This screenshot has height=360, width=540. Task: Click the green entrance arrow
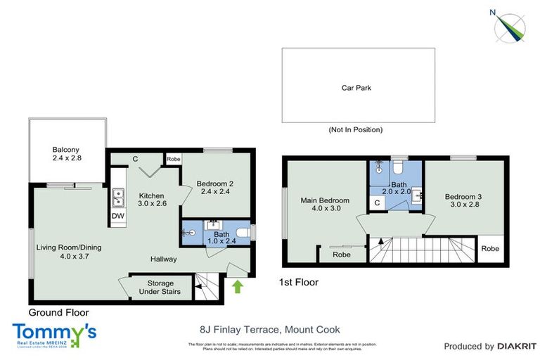tap(237, 286)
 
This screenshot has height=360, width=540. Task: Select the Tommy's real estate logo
tap(54, 333)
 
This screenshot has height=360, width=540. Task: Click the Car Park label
tap(356, 89)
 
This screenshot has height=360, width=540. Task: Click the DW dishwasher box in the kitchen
tap(117, 216)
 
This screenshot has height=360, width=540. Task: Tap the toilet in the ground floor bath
tap(241, 232)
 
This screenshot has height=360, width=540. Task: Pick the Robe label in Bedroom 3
tap(490, 249)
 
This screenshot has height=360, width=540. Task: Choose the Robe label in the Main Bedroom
tap(342, 255)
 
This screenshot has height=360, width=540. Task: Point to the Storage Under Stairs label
tap(160, 287)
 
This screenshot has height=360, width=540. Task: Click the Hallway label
tap(163, 259)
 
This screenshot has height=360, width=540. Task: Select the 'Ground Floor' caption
tap(58, 311)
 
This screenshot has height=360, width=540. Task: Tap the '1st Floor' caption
tap(300, 283)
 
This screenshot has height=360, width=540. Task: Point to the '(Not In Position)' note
tap(356, 130)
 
